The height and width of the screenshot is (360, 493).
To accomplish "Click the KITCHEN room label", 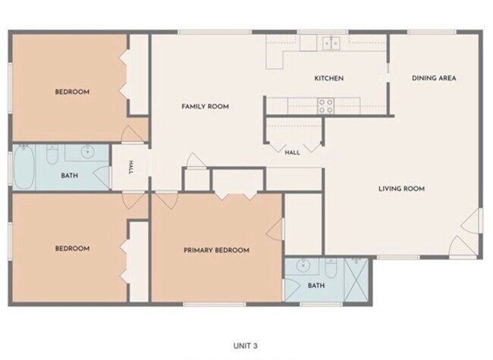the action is [x=329, y=78].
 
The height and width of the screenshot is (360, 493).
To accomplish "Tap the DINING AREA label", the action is [x=434, y=78].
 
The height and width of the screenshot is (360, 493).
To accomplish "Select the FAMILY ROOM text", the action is [x=205, y=107].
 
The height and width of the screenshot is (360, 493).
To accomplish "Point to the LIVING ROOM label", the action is [x=401, y=189].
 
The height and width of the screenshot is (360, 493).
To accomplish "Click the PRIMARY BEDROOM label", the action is [x=216, y=250].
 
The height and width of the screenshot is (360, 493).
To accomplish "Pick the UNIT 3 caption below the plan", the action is [x=245, y=346].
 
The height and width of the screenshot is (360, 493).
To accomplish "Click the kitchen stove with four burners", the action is [x=325, y=106].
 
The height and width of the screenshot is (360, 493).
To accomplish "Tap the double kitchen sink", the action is [x=331, y=42].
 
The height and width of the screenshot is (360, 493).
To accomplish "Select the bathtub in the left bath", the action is [x=24, y=167].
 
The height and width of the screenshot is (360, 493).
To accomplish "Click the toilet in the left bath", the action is [x=52, y=155].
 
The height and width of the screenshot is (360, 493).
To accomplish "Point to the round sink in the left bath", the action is [x=86, y=152].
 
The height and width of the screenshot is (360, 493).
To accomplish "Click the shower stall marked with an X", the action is [x=356, y=280].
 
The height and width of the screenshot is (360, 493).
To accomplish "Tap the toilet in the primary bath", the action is [x=331, y=268].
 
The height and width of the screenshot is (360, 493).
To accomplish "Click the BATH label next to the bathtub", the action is [x=70, y=176].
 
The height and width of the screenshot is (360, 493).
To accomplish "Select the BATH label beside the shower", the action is [x=316, y=286].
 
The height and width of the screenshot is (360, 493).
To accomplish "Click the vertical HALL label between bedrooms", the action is [x=130, y=167].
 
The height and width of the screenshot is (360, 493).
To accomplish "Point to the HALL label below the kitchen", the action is [x=292, y=152].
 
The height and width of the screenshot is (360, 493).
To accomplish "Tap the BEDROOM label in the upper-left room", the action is [x=72, y=92].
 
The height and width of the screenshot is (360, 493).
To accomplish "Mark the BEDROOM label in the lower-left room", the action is [x=72, y=249].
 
